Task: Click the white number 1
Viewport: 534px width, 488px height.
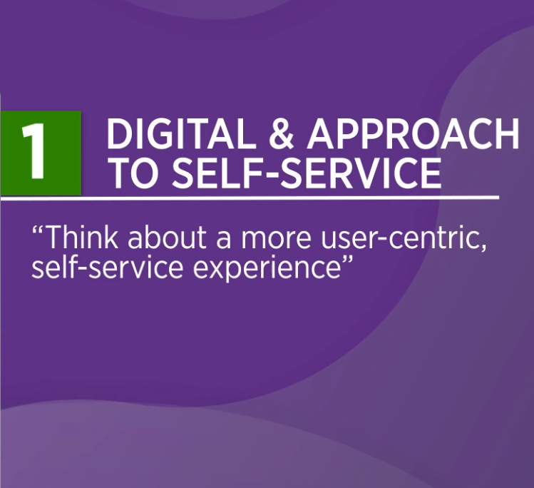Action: tap(34, 151)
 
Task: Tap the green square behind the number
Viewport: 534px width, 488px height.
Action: tap(41, 153)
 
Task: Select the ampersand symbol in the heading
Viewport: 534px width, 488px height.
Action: tap(282, 133)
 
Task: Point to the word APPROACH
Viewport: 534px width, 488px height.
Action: tap(413, 133)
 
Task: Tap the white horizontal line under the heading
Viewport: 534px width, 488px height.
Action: tap(250, 198)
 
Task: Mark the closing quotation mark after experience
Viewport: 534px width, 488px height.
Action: tap(346, 259)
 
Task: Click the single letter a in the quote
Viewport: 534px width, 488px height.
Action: tap(224, 240)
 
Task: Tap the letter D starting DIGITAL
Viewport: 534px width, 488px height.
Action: tap(119, 133)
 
